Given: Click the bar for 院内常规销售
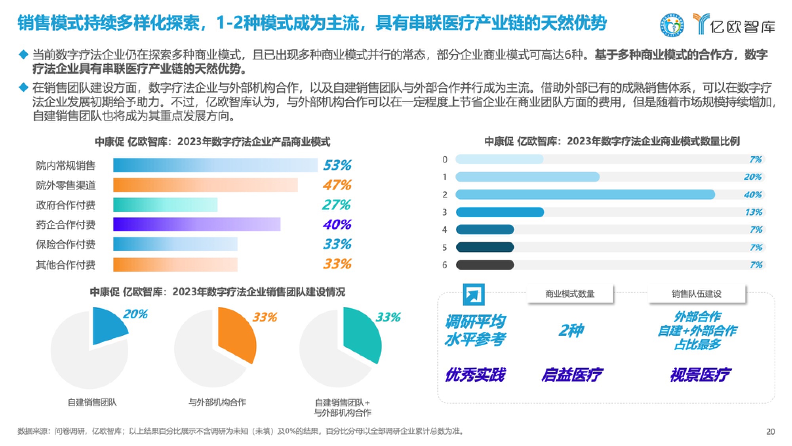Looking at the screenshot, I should pos(215,165).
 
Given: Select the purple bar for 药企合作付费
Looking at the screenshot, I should pos(197,224).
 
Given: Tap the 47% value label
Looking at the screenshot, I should pos(337,185).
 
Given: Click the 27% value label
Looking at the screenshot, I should pos(336,205).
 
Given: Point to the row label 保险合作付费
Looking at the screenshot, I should pos(66,245).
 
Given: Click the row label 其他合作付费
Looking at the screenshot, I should pos(66,265).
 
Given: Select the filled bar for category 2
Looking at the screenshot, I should pos(585,194).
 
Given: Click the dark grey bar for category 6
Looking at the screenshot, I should pos(485,264).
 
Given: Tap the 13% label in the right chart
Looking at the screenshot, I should pos(753,212).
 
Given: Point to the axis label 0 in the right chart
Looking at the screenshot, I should pos(445,159).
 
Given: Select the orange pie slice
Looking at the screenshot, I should pos(236,335).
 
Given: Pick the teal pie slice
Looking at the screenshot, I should pos(361,335).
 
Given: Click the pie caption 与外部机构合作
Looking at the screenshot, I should pos(217,402).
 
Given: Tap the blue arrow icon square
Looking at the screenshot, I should pos(474,295).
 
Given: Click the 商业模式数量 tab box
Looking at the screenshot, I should pos(570,294).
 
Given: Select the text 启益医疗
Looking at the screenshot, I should pos(572,375).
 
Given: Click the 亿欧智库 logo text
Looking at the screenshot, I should pos(742,27).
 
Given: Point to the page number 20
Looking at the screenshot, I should pos(770,432).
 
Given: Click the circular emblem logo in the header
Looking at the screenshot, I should pos(672,25).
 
